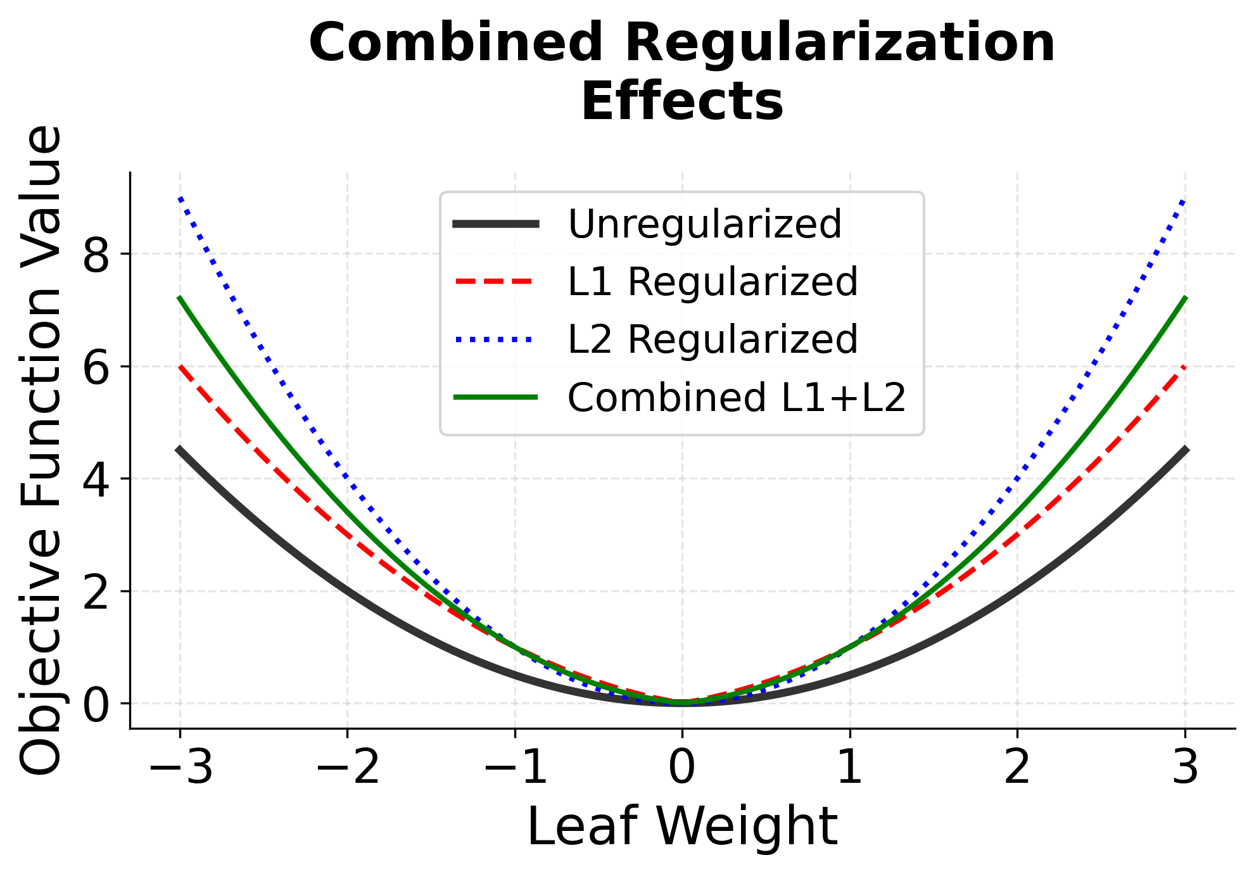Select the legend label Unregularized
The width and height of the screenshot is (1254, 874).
704,224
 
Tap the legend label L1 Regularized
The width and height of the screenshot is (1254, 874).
712,282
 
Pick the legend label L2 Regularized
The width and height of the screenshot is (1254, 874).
712,339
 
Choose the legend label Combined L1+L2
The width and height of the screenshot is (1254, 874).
737,398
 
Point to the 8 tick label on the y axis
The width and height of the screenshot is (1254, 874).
96,255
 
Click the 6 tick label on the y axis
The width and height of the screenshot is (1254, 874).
96,367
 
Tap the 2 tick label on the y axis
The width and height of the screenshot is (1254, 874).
96,592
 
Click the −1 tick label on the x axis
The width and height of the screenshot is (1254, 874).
515,767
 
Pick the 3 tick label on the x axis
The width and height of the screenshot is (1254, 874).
1185,767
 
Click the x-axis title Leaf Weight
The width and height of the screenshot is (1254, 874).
682,826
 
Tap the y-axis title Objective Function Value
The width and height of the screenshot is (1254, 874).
42,450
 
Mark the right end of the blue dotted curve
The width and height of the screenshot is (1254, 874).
1184,199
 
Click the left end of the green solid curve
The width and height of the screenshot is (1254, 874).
180,298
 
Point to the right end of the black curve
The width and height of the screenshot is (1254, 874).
1185,450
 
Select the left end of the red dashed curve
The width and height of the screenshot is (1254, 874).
181,367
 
